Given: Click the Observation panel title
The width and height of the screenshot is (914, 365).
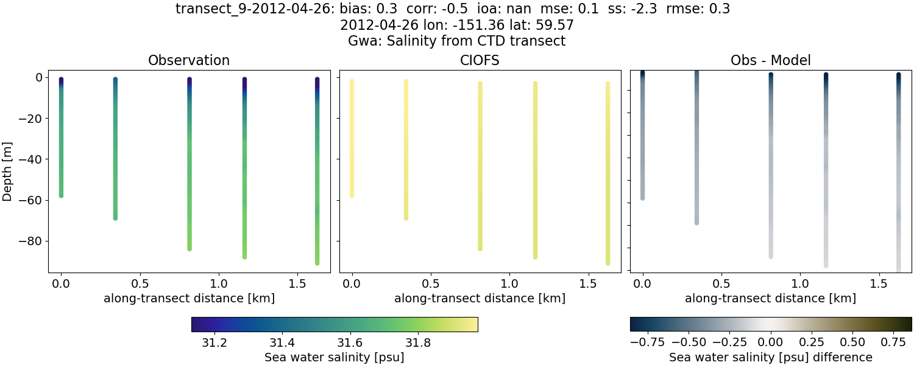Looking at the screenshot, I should pyautogui.click(x=189, y=60).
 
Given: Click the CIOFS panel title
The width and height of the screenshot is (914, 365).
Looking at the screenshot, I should pyautogui.click(x=480, y=60).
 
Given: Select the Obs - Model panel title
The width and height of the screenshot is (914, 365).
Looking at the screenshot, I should pyautogui.click(x=770, y=60).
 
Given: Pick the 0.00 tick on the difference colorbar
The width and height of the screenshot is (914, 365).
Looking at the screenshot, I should pyautogui.click(x=771, y=342).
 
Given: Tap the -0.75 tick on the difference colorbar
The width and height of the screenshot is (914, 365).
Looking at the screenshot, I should pyautogui.click(x=646, y=342).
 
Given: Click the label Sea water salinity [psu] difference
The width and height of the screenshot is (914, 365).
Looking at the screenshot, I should pyautogui.click(x=770, y=357).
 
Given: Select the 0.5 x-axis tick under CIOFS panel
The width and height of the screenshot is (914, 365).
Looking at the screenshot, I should pyautogui.click(x=431, y=284).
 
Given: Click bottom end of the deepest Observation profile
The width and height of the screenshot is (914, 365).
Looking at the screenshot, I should pyautogui.click(x=317, y=263).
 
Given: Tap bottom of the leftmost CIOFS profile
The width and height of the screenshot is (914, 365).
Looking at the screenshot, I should pyautogui.click(x=352, y=195).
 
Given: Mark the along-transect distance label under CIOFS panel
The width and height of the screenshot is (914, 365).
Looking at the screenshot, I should pyautogui.click(x=480, y=299).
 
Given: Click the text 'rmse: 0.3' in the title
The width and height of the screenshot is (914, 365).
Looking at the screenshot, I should pyautogui.click(x=698, y=9).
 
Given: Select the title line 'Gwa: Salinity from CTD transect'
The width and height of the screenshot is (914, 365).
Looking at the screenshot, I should pyautogui.click(x=456, y=41).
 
